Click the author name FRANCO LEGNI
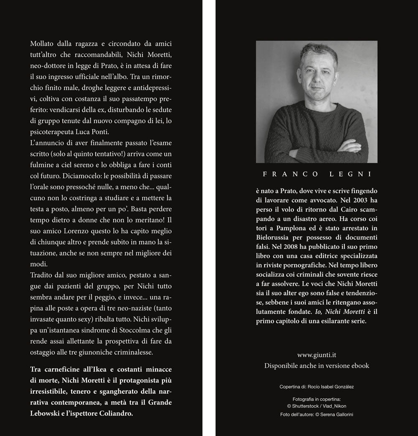click(316, 174)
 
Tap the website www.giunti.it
click(316, 355)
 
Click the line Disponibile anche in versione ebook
click(316, 366)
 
